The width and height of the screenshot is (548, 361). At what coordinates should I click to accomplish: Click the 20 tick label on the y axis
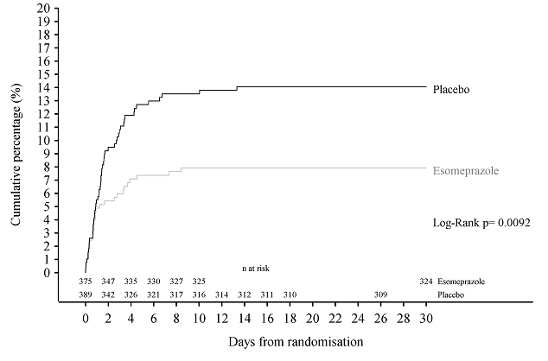click(x=67, y=8)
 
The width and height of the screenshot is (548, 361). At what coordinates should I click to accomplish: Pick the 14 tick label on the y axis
click(x=67, y=87)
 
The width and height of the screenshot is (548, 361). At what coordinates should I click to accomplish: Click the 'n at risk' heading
click(x=257, y=269)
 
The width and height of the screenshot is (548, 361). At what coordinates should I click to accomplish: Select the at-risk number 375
click(x=85, y=282)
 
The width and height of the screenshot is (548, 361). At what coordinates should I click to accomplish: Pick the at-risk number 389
click(x=85, y=295)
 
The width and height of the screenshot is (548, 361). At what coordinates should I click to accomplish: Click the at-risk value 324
click(x=425, y=282)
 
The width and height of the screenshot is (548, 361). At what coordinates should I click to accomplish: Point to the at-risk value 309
click(x=380, y=295)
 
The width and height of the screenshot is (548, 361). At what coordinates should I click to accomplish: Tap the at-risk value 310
click(x=290, y=295)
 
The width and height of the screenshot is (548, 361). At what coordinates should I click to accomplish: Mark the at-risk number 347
click(x=108, y=282)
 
